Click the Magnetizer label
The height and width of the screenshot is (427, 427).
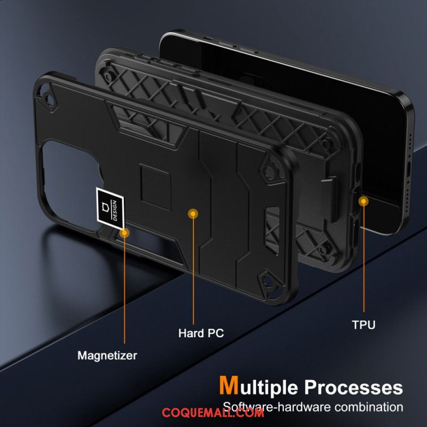(x=107, y=355)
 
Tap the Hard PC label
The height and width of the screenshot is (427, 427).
(x=201, y=333)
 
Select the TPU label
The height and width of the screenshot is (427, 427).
(x=363, y=325)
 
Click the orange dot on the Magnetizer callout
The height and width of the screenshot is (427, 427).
(x=124, y=233)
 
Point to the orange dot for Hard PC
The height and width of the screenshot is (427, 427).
(x=193, y=214)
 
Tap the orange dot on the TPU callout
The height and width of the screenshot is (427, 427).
(x=363, y=202)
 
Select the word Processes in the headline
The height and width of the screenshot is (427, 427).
(x=353, y=387)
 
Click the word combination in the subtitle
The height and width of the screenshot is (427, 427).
(x=369, y=407)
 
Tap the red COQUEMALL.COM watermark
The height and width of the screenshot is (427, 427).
(x=213, y=413)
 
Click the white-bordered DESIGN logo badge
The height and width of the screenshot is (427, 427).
(x=110, y=208)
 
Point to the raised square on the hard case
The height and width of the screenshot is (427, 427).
(x=155, y=187)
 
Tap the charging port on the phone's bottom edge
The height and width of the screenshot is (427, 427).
(x=408, y=169)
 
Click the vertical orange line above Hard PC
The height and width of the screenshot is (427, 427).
(x=193, y=269)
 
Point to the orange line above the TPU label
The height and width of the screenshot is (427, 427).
(x=364, y=257)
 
